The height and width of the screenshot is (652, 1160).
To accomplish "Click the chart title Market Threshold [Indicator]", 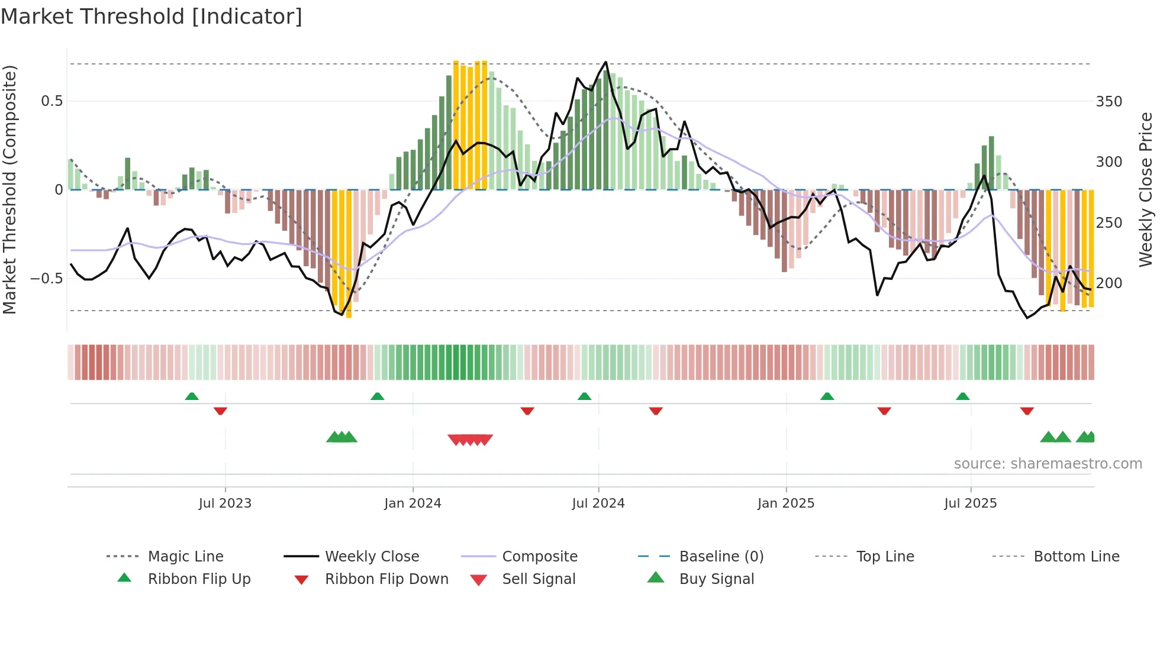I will coord(152,17).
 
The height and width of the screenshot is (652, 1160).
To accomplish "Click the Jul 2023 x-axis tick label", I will coord(225,503).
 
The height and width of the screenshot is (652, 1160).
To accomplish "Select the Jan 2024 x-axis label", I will coord(413,503).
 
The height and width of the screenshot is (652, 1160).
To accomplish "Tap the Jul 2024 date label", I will coord(598,503).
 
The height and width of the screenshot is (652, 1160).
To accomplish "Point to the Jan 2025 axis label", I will coord(785,503).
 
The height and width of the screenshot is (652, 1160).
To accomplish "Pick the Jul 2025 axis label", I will coord(970,503).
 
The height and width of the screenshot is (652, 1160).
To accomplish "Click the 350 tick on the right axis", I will coord(1109,102).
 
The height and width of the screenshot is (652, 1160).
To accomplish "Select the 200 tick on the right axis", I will coord(1109,283).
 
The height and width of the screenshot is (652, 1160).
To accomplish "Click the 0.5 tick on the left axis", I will coord(51,101).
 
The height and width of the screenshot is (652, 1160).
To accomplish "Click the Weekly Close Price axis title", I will coord(1146,189).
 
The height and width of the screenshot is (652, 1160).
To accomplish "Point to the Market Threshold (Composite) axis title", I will coord(9,189).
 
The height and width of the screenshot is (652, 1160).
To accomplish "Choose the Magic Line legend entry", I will coord(185,557).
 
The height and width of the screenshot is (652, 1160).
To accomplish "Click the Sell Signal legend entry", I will coord(539,579).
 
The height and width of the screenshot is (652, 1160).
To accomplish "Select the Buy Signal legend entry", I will coord(716,579).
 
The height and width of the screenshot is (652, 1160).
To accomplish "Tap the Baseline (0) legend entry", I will coord(721,557).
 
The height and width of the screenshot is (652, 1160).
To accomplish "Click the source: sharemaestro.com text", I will coord(1048,464).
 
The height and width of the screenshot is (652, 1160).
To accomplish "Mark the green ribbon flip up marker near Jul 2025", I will coord(962,396).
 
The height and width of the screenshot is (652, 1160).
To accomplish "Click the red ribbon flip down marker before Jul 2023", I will coord(220,411).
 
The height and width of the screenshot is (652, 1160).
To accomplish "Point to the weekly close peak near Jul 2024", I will coord(605,62).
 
